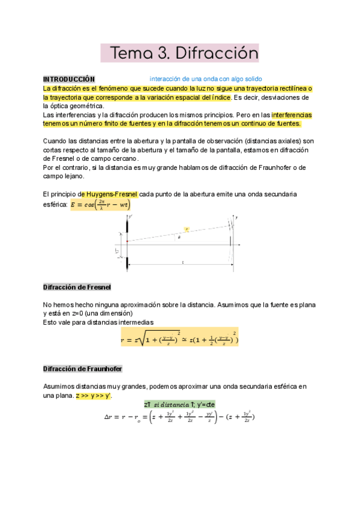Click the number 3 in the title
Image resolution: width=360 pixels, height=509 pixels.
(x=161, y=53)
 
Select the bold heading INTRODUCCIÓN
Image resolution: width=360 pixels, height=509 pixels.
(x=69, y=79)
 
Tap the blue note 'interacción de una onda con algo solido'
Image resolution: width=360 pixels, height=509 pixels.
(x=205, y=79)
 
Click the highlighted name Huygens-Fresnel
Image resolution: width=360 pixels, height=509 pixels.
(x=112, y=194)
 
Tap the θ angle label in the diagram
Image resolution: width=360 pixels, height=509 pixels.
(x=178, y=237)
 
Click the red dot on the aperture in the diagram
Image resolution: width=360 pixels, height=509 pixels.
(x=127, y=241)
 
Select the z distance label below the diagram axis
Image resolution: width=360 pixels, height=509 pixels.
(x=181, y=262)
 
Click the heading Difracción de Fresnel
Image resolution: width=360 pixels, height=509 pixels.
(x=77, y=287)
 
